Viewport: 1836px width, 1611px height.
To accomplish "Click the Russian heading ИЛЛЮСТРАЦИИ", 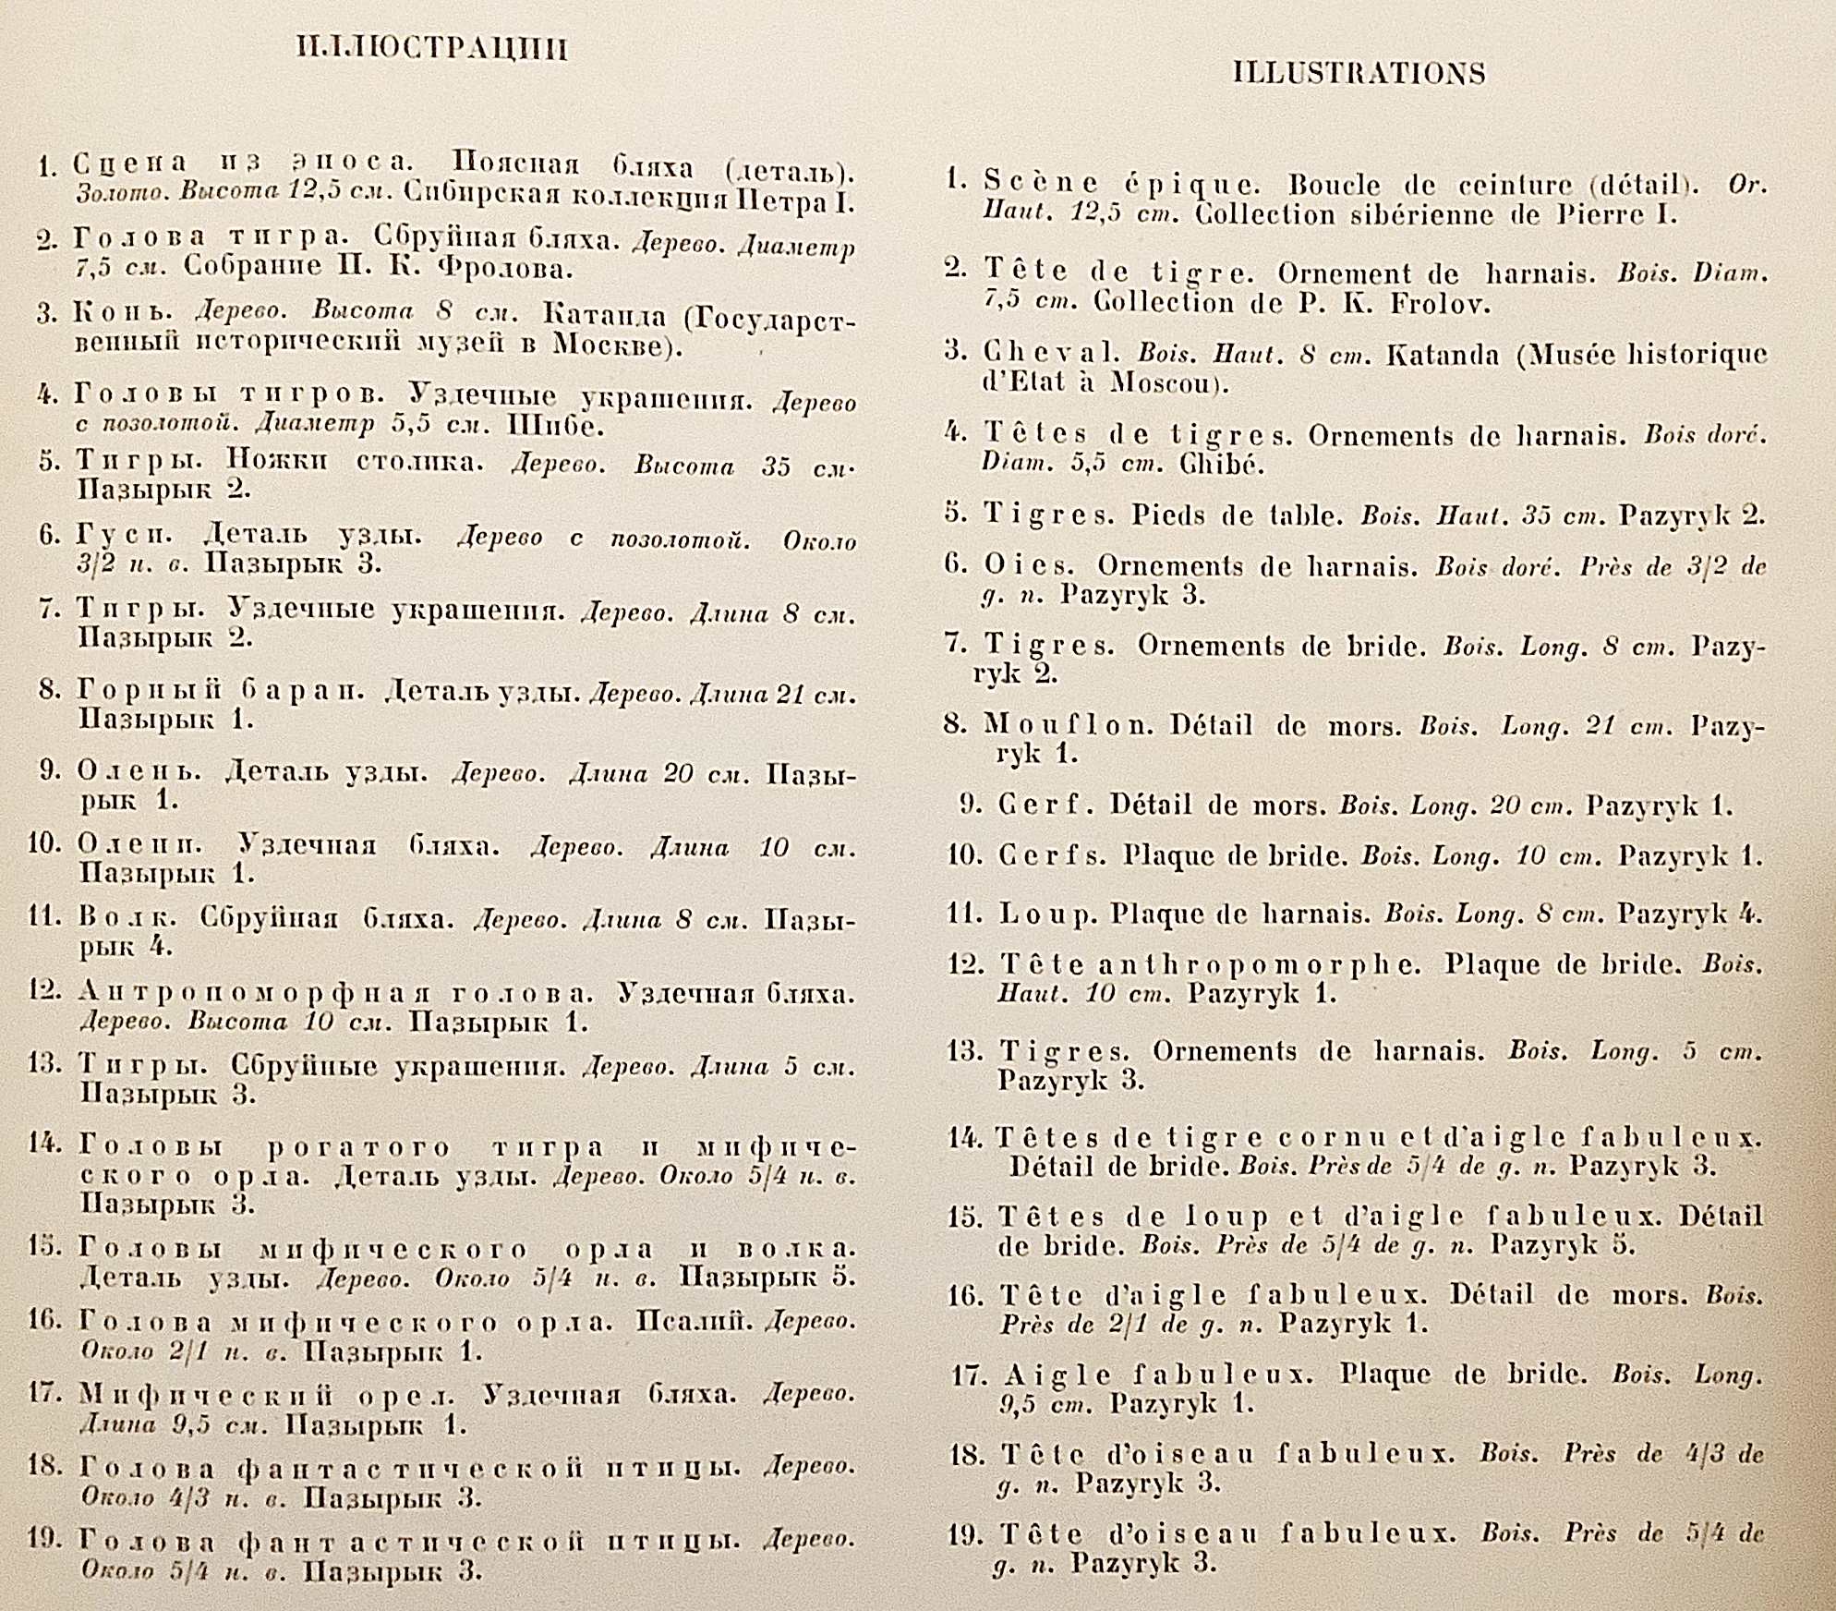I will [x=431, y=48].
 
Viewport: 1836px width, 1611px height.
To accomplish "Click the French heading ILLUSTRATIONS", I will [x=1359, y=74].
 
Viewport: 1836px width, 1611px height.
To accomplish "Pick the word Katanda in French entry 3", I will [x=1443, y=355].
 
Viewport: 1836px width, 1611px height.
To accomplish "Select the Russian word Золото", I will [x=122, y=193].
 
